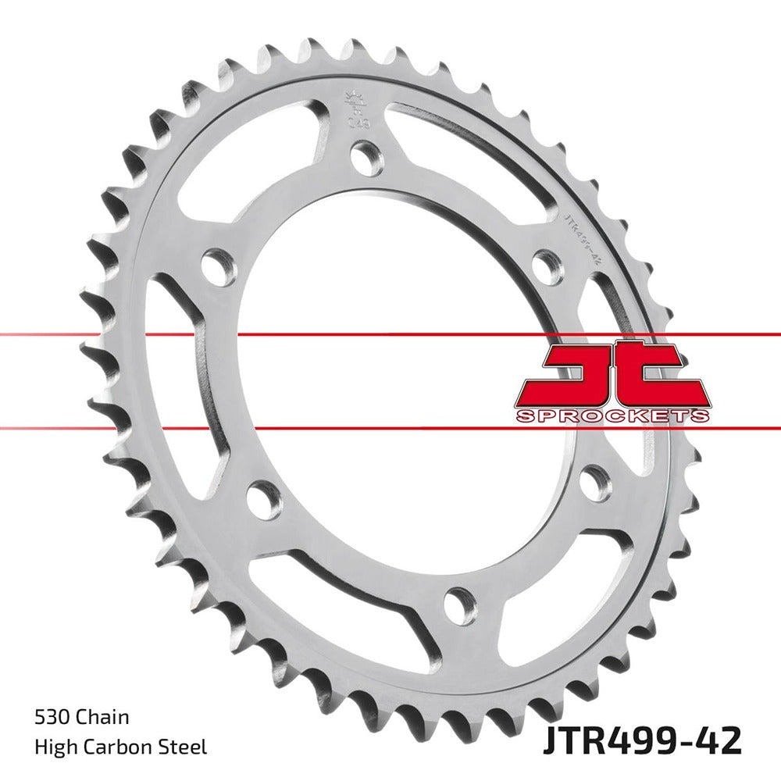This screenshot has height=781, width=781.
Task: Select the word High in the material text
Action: click(53, 747)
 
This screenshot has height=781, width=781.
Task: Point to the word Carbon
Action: click(118, 747)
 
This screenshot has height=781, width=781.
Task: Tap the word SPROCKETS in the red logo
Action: click(612, 415)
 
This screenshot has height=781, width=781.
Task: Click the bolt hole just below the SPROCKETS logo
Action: click(596, 483)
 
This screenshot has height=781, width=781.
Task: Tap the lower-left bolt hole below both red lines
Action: click(264, 499)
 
